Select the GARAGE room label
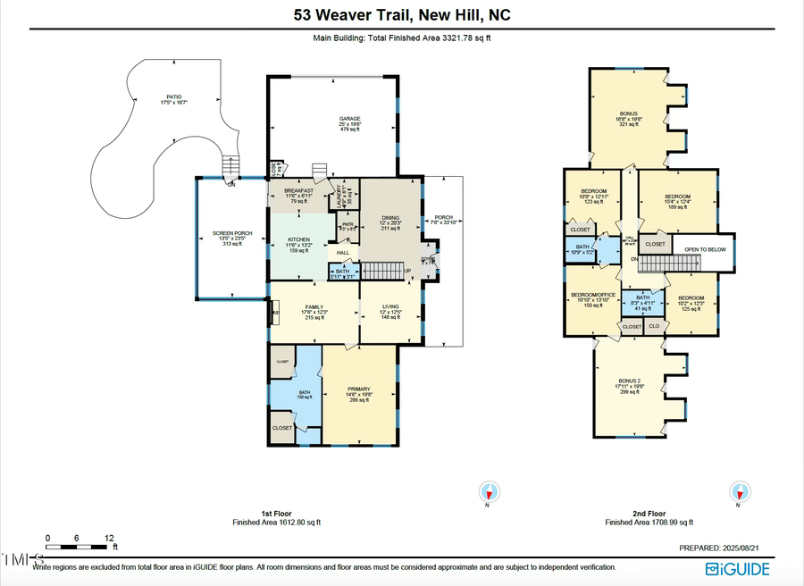348,119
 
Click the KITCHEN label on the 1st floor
297,240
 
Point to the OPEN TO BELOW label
706,249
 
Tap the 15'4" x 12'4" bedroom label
677,197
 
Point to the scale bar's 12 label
109,538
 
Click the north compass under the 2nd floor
739,491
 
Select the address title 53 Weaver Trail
402,15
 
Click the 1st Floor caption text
277,515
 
